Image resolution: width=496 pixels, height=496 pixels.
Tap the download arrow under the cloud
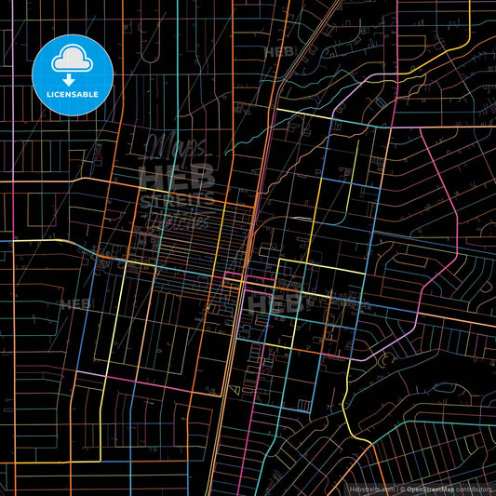click(x=71, y=78)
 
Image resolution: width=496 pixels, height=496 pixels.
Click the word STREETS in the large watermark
click(x=177, y=203)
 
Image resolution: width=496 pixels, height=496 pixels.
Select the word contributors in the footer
click(x=473, y=488)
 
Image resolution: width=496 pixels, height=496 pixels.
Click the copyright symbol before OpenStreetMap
click(x=400, y=488)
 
